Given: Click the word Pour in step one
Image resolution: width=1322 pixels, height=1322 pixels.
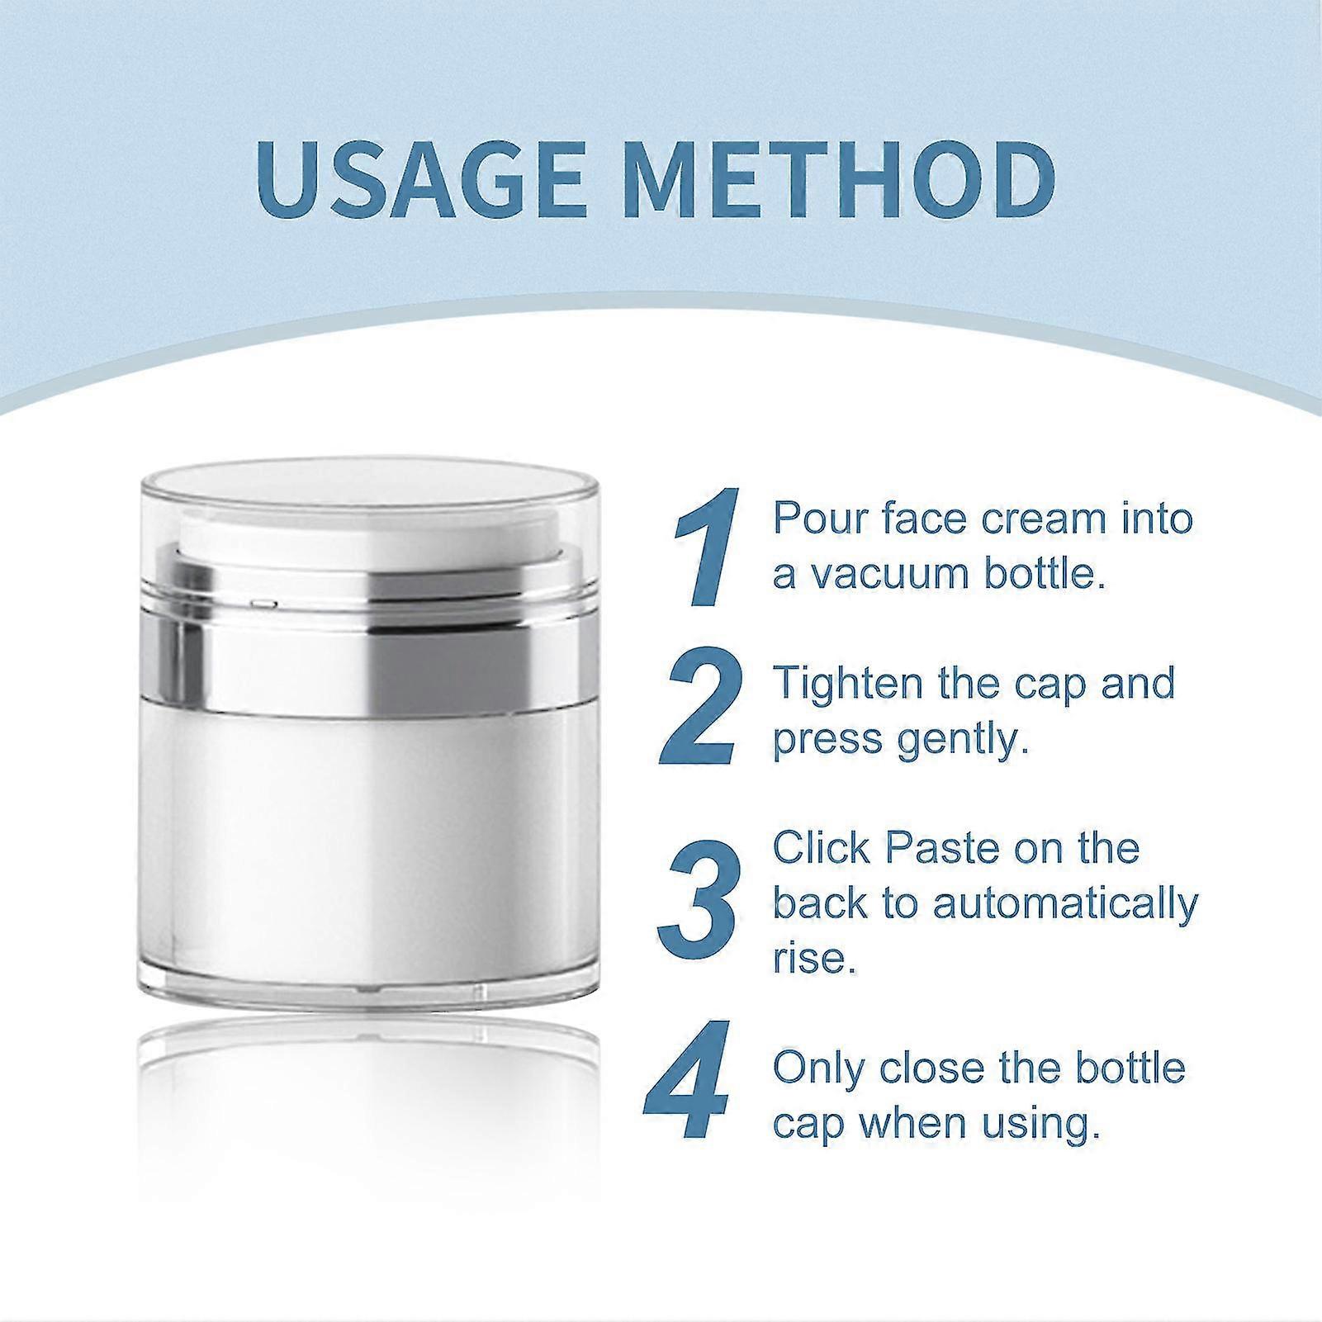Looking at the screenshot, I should [814, 519].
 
